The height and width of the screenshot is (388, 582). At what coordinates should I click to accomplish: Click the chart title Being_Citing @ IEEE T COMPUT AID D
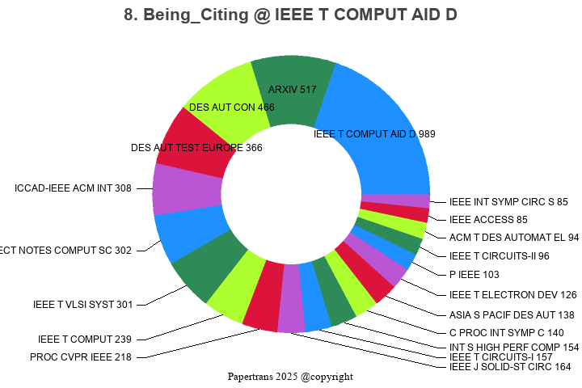point(290,15)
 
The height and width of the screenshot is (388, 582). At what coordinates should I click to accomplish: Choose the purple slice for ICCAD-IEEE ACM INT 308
point(184,189)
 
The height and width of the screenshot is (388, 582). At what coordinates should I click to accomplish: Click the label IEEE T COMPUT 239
point(84,339)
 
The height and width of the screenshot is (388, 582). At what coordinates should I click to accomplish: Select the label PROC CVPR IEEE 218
point(80,356)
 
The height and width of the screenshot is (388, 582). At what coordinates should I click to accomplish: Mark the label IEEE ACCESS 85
point(488,219)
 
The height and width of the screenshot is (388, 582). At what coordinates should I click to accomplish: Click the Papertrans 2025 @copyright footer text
point(290,377)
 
